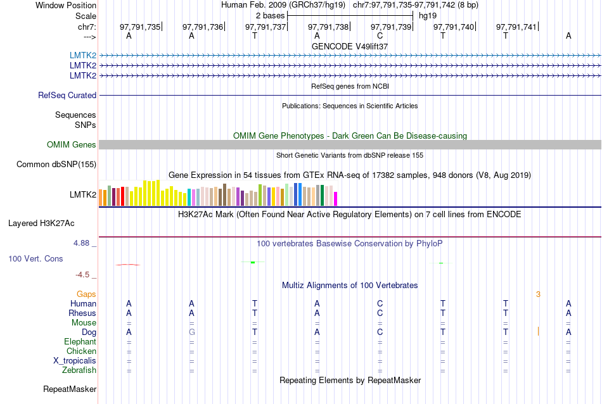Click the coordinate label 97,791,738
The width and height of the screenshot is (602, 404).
pyautogui.click(x=328, y=27)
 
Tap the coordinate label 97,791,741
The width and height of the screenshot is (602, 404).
pyautogui.click(x=516, y=27)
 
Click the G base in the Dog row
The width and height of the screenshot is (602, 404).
pyautogui.click(x=191, y=332)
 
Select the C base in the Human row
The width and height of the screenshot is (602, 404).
pyautogui.click(x=380, y=303)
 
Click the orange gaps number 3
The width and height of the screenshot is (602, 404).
pyautogui.click(x=538, y=294)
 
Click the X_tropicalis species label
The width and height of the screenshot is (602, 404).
pyautogui.click(x=75, y=360)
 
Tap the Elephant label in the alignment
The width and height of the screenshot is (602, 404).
pyautogui.click(x=80, y=341)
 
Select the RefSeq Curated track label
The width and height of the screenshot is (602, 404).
pyautogui.click(x=67, y=95)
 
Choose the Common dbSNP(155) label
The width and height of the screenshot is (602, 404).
pyautogui.click(x=56, y=164)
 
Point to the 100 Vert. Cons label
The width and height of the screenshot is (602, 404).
pyautogui.click(x=36, y=258)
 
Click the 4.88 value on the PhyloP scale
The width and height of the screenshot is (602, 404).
pyautogui.click(x=82, y=243)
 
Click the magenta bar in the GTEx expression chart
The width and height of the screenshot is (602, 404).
pyautogui.click(x=336, y=199)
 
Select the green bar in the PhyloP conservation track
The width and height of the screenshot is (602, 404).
pyautogui.click(x=253, y=262)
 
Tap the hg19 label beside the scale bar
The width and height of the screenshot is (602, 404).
pyautogui.click(x=427, y=14)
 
